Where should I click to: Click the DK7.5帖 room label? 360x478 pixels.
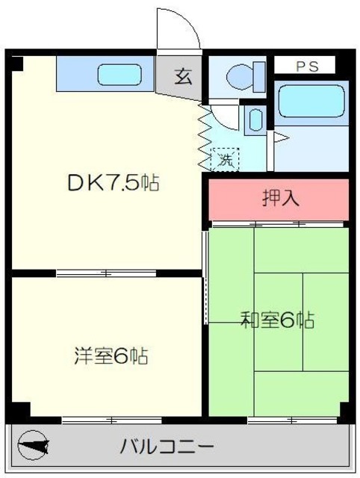pyautogui.click(x=111, y=183)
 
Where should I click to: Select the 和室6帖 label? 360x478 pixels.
pyautogui.click(x=277, y=321)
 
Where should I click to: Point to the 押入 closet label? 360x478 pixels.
pyautogui.click(x=279, y=199)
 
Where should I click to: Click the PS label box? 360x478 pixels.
pyautogui.click(x=306, y=66)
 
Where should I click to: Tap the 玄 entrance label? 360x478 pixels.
pyautogui.click(x=181, y=75)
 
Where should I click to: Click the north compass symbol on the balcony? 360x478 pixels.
pyautogui.click(x=34, y=447)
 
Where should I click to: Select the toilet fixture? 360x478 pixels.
pyautogui.click(x=240, y=74)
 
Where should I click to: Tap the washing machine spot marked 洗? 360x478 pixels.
pyautogui.click(x=223, y=158)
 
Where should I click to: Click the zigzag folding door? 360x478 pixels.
pyautogui.click(x=202, y=138)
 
